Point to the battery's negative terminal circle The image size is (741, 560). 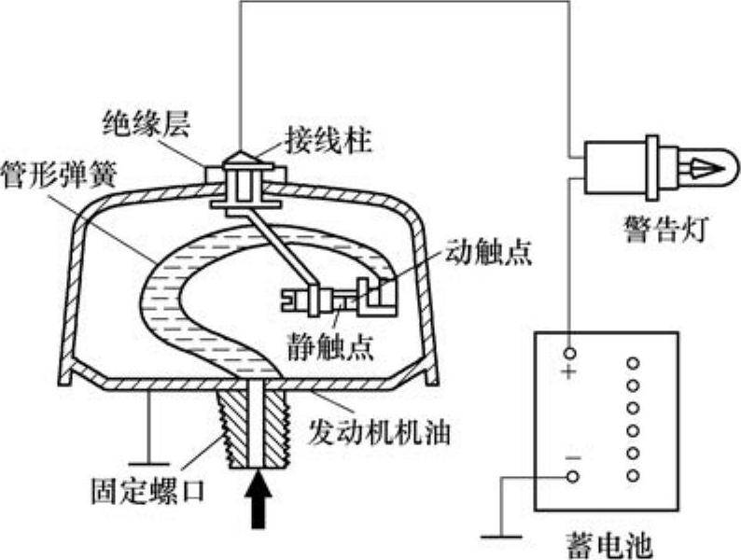[572, 476]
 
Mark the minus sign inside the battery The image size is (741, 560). [572, 456]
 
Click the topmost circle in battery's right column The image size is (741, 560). [633, 361]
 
